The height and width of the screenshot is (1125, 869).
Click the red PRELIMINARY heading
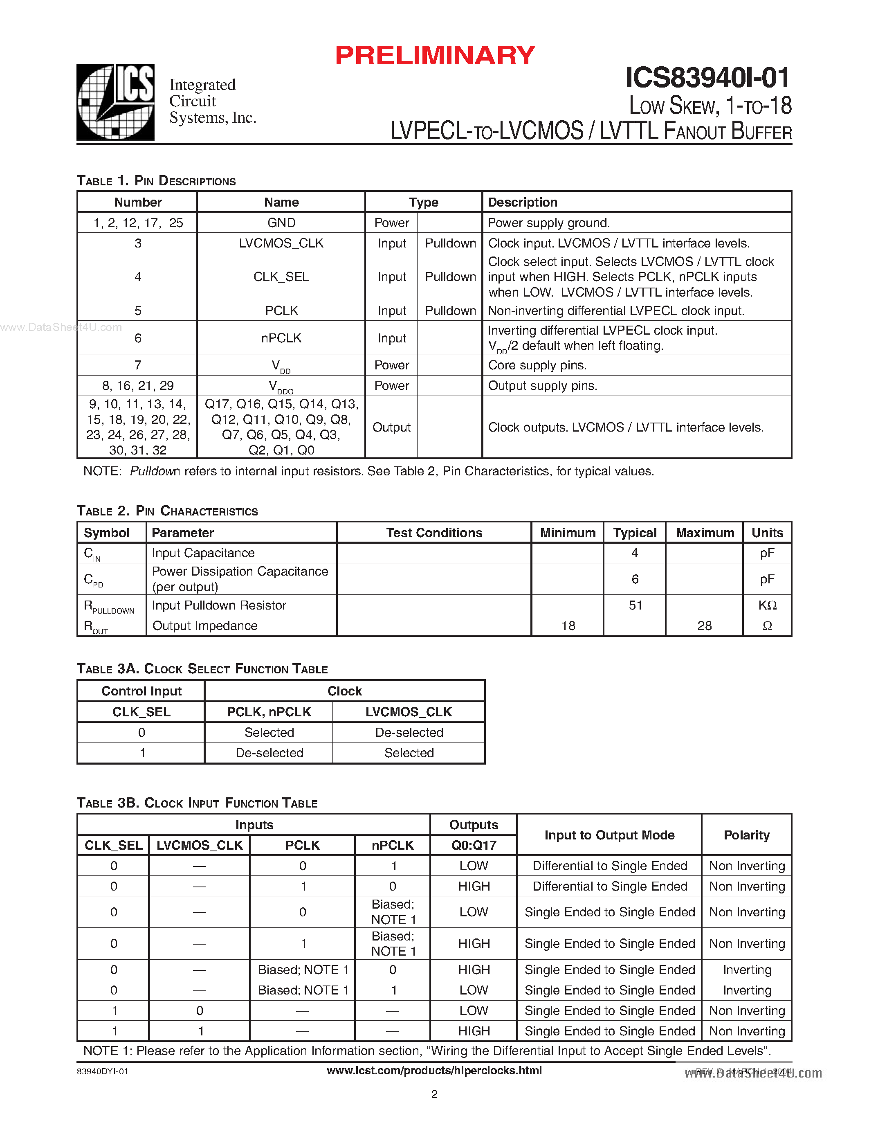[435, 56]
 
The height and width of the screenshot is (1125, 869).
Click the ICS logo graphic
[115, 102]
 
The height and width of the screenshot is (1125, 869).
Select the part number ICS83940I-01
[707, 78]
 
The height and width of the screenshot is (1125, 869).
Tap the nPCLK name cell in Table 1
[281, 338]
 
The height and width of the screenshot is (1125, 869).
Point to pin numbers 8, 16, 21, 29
[137, 385]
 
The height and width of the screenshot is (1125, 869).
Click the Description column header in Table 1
[523, 202]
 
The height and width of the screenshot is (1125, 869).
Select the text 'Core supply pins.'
[537, 365]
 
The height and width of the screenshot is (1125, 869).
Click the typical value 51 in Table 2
[635, 605]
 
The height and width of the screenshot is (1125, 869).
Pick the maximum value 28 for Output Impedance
[704, 626]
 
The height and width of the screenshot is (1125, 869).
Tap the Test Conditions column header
[434, 533]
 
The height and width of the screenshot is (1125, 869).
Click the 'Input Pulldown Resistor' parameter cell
[219, 605]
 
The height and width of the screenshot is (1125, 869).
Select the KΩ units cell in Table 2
[767, 605]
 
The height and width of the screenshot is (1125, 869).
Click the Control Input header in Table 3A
[141, 691]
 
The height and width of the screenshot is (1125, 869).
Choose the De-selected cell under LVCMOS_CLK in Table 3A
[409, 733]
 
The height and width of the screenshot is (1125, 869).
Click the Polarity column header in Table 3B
[746, 835]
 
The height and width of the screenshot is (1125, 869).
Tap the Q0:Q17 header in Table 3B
[474, 845]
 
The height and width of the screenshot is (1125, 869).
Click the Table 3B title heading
[197, 803]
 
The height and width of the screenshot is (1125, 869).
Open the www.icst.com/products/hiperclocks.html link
[434, 1071]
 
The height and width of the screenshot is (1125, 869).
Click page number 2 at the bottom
[434, 1094]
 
